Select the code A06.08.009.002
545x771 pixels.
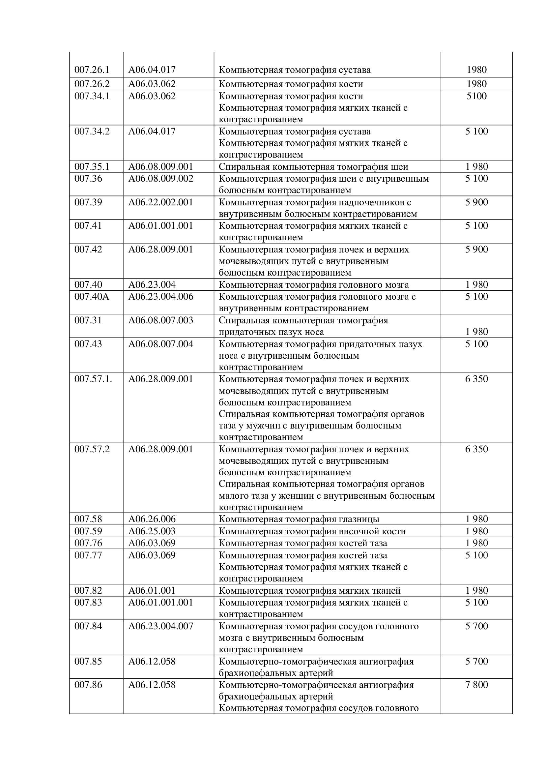tap(161, 179)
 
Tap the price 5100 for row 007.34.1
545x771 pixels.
tap(476, 96)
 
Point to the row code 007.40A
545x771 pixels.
tap(92, 297)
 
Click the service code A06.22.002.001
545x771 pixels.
tap(161, 202)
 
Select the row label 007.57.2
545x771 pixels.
tap(92, 449)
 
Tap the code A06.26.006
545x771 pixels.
tap(152, 519)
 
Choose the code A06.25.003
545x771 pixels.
tap(152, 531)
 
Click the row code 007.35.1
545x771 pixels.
tap(92, 166)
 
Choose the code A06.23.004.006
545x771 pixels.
tap(161, 297)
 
